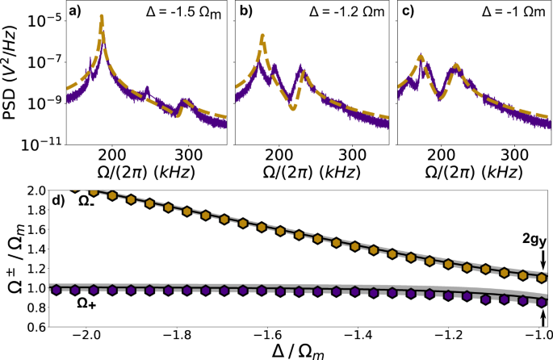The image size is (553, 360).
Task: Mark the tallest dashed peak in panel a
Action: point(101,16)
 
